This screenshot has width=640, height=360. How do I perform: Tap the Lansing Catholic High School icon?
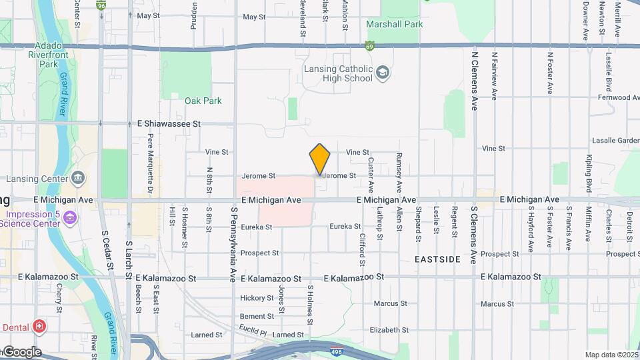tap(383, 72)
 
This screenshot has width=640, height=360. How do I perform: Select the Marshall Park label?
tap(395, 25)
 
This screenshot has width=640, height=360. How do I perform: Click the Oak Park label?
tap(203, 101)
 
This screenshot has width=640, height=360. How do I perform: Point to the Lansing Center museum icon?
tap(78, 177)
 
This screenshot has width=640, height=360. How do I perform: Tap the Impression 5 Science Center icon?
tap(71, 218)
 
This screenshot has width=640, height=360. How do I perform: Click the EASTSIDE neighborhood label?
tap(437, 258)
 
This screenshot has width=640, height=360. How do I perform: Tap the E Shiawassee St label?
tap(169, 123)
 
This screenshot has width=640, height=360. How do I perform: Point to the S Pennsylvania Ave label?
tap(234, 244)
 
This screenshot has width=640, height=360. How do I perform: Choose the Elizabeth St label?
tap(389, 330)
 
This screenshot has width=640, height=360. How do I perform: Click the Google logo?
tap(21, 351)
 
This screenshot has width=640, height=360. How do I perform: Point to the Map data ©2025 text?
tap(611, 355)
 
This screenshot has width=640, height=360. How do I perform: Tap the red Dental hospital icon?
tap(40, 327)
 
